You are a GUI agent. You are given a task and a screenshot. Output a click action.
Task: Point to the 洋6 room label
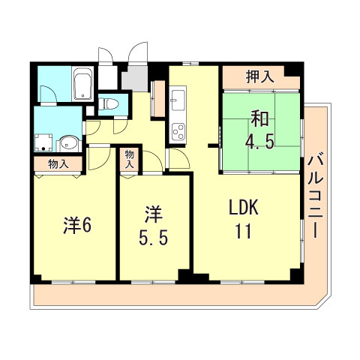(x=77, y=224)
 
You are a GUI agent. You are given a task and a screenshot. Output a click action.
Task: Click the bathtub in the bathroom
(x=82, y=86)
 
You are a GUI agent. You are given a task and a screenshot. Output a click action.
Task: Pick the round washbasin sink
(x=67, y=143)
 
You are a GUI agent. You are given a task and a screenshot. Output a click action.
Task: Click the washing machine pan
(x=43, y=143)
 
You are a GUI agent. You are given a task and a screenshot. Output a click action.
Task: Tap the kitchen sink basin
(x=178, y=100)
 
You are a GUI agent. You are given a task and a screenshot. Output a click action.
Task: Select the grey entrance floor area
(x=136, y=77)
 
